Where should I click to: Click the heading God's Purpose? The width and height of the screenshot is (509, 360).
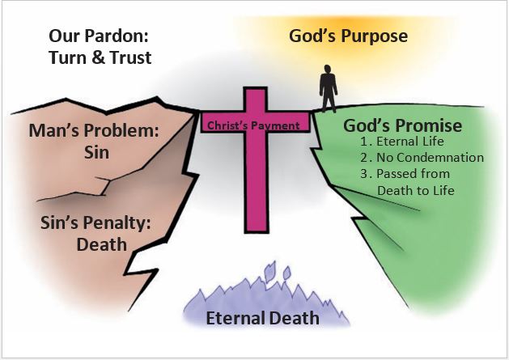click(348, 36)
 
